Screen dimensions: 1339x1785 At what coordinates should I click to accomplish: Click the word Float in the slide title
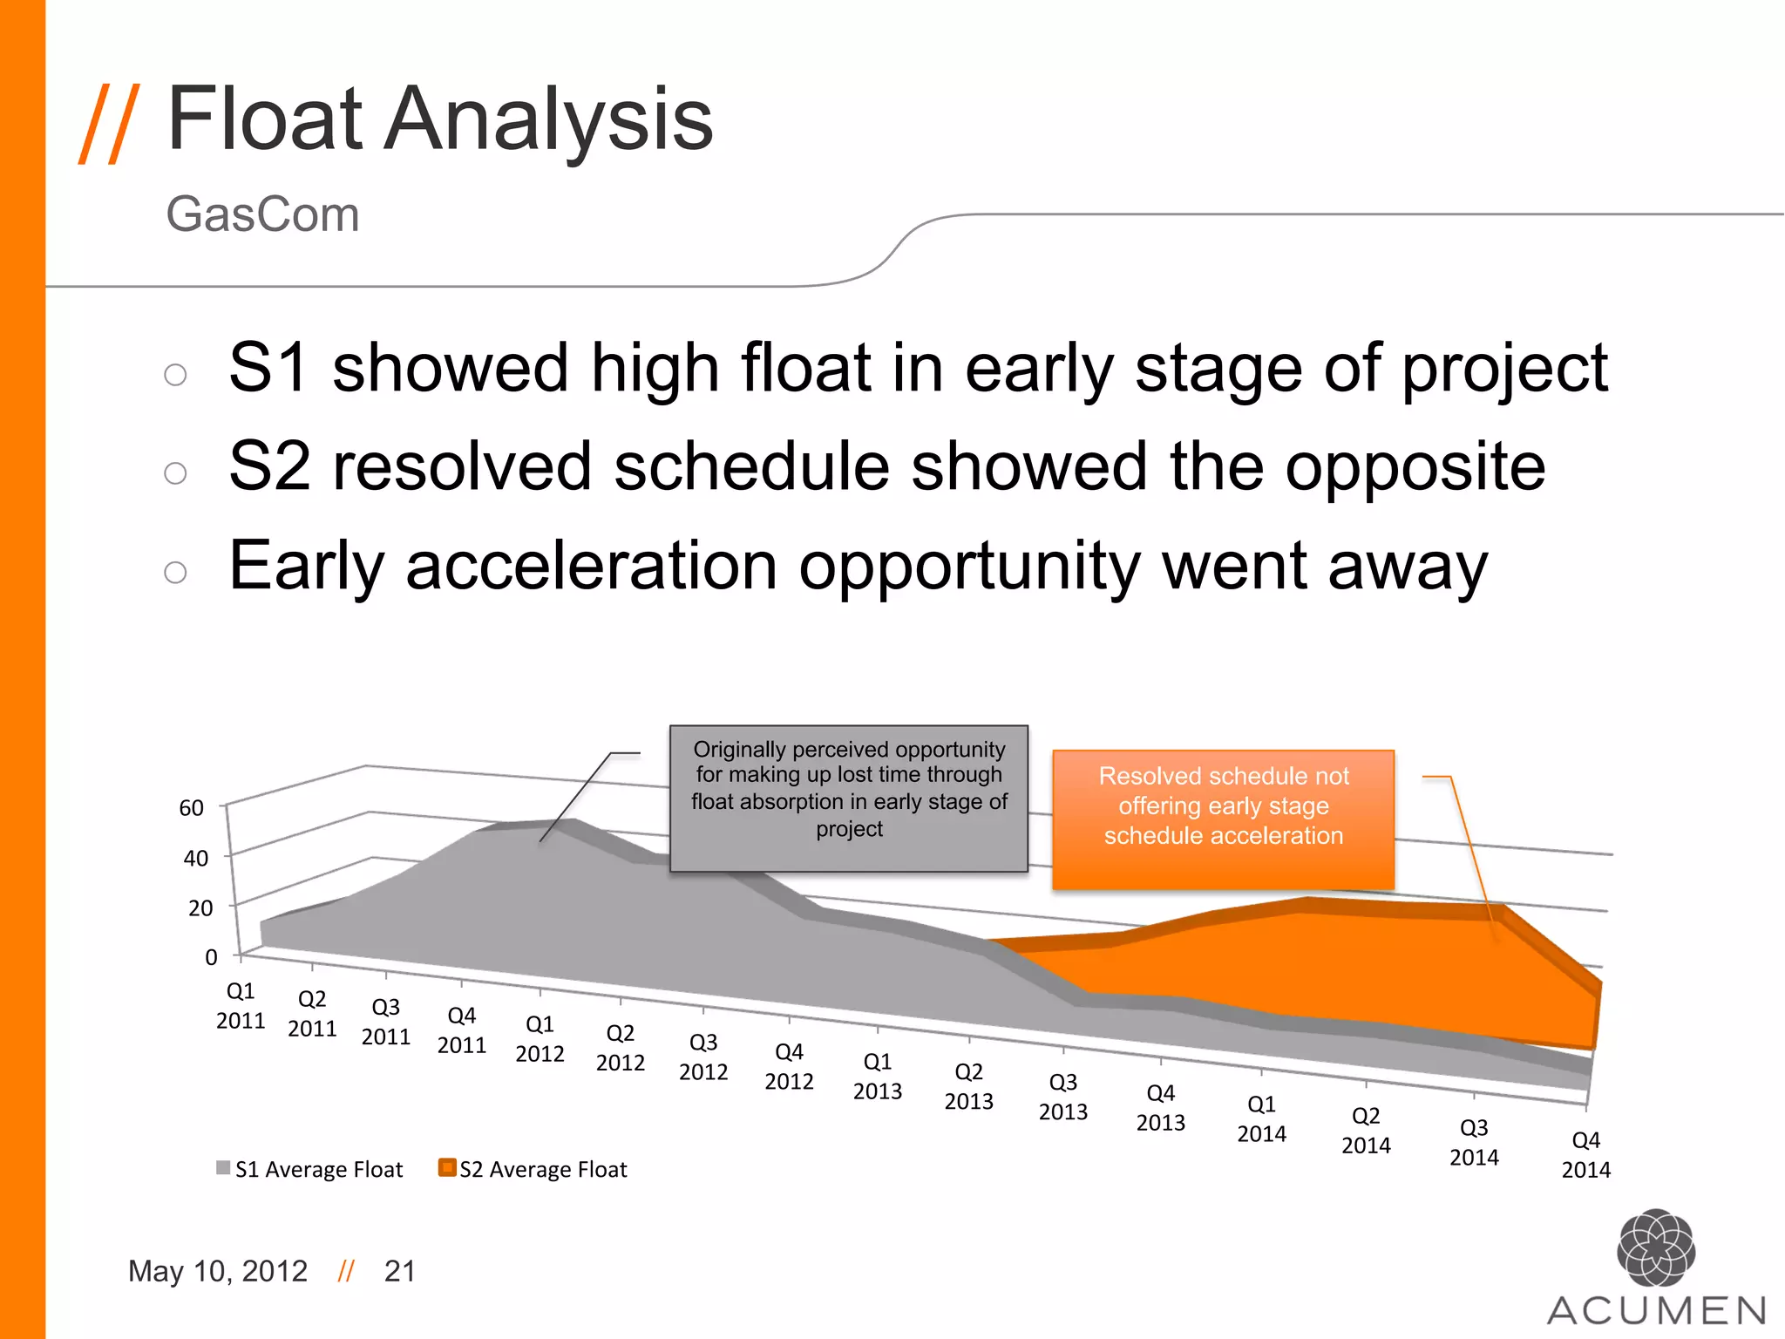point(264,119)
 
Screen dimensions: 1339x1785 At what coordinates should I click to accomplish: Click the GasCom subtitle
point(262,214)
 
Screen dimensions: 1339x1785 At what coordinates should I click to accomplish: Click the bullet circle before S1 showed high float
point(175,375)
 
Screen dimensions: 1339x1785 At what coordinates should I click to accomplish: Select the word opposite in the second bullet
point(1415,467)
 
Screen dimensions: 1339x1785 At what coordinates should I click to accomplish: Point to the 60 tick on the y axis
point(192,808)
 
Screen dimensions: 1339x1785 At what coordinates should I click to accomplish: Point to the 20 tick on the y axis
point(200,908)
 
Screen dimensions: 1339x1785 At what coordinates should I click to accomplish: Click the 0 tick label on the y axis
point(211,957)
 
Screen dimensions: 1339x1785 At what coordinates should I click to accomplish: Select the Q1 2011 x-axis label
point(241,1006)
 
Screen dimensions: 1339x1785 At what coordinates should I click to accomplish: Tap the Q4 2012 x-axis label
point(789,1067)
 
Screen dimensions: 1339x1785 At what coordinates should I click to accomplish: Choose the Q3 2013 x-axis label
point(1063,1097)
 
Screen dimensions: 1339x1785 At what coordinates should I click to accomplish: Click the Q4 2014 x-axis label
point(1585,1155)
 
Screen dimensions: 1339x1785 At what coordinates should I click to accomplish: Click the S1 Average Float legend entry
point(310,1169)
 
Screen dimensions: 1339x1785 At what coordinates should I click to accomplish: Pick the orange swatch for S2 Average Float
point(447,1168)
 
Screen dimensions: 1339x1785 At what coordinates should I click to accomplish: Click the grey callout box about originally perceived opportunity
point(849,798)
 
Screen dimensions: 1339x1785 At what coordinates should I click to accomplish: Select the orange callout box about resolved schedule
point(1223,819)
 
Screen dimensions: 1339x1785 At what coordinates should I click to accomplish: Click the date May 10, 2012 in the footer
point(218,1271)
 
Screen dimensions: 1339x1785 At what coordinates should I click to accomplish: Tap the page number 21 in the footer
point(400,1271)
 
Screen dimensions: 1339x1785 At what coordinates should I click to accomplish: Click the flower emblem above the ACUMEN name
point(1655,1247)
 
